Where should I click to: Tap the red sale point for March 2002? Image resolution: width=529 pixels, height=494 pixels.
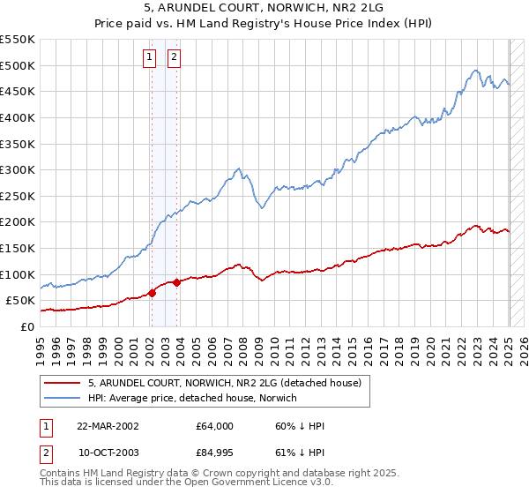(152, 294)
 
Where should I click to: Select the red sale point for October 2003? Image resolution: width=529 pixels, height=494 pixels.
(177, 282)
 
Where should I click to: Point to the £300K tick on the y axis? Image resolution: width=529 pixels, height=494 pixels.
(19, 169)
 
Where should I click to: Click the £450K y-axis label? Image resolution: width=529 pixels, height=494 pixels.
(19, 91)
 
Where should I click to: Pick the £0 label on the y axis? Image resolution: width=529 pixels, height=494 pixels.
(26, 326)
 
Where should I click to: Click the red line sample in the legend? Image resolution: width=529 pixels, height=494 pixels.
(63, 384)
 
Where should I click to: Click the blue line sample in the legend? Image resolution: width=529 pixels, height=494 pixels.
(63, 399)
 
